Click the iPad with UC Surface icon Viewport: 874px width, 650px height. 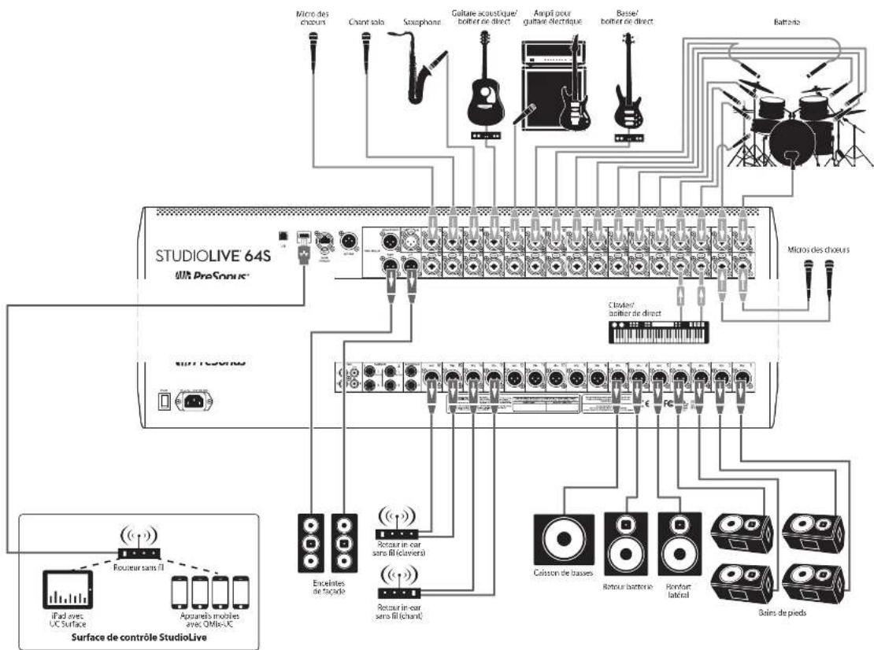64,590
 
